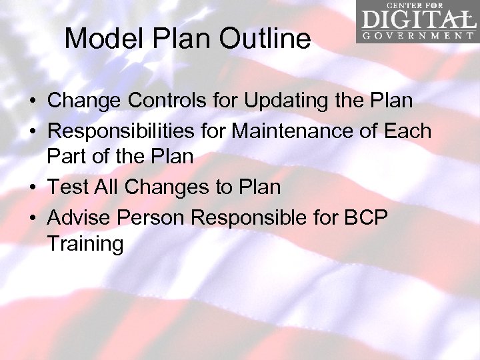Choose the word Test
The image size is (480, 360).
click(x=68, y=187)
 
